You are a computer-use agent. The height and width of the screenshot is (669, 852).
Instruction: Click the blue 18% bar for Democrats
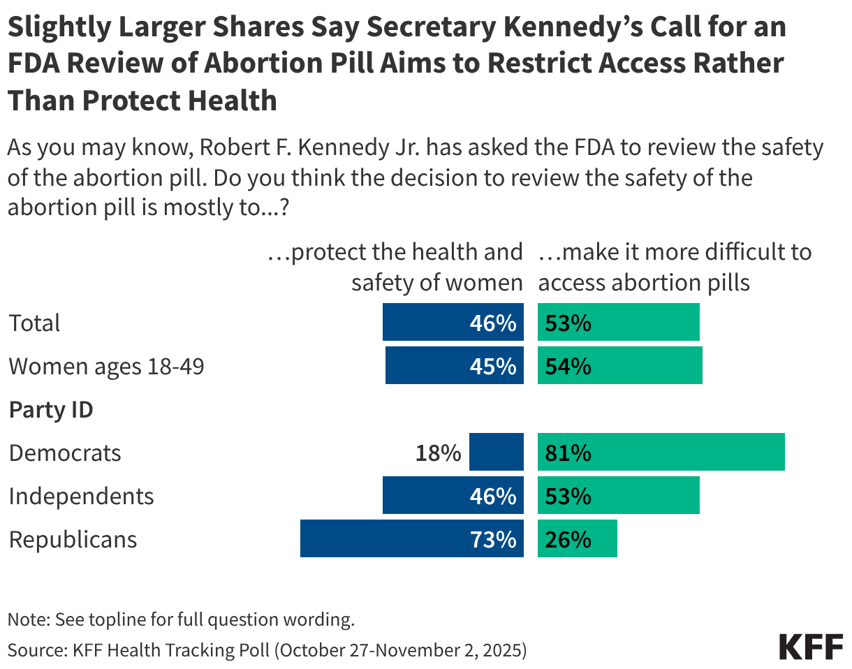click(x=496, y=452)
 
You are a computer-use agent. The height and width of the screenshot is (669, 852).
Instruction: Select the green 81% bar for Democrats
click(x=661, y=452)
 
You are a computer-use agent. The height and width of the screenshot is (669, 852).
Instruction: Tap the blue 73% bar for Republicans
click(x=411, y=538)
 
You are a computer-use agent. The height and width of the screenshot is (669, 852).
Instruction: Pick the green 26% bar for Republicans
click(x=577, y=538)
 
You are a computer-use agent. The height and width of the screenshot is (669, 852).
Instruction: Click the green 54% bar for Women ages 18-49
click(x=619, y=365)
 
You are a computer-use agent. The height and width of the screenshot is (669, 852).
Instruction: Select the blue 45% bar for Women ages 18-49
click(x=454, y=365)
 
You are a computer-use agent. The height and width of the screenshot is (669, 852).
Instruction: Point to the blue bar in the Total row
click(x=453, y=322)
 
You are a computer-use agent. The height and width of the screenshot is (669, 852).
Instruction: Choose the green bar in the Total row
click(x=618, y=322)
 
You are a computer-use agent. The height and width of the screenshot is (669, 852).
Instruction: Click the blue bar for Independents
click(x=453, y=495)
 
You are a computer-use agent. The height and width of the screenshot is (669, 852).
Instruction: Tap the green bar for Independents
click(x=618, y=495)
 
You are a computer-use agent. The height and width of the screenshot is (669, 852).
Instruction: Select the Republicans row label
click(x=73, y=539)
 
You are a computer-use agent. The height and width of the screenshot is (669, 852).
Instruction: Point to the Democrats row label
click(x=65, y=453)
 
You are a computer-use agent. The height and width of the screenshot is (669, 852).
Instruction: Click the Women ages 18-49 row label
click(x=106, y=366)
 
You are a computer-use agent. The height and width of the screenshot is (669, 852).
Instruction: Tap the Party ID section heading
click(x=50, y=409)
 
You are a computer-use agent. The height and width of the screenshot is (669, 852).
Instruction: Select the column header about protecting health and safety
click(x=395, y=267)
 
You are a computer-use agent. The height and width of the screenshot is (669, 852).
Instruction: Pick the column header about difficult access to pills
click(x=675, y=267)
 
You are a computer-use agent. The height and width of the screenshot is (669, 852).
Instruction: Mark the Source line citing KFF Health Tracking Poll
click(x=267, y=649)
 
